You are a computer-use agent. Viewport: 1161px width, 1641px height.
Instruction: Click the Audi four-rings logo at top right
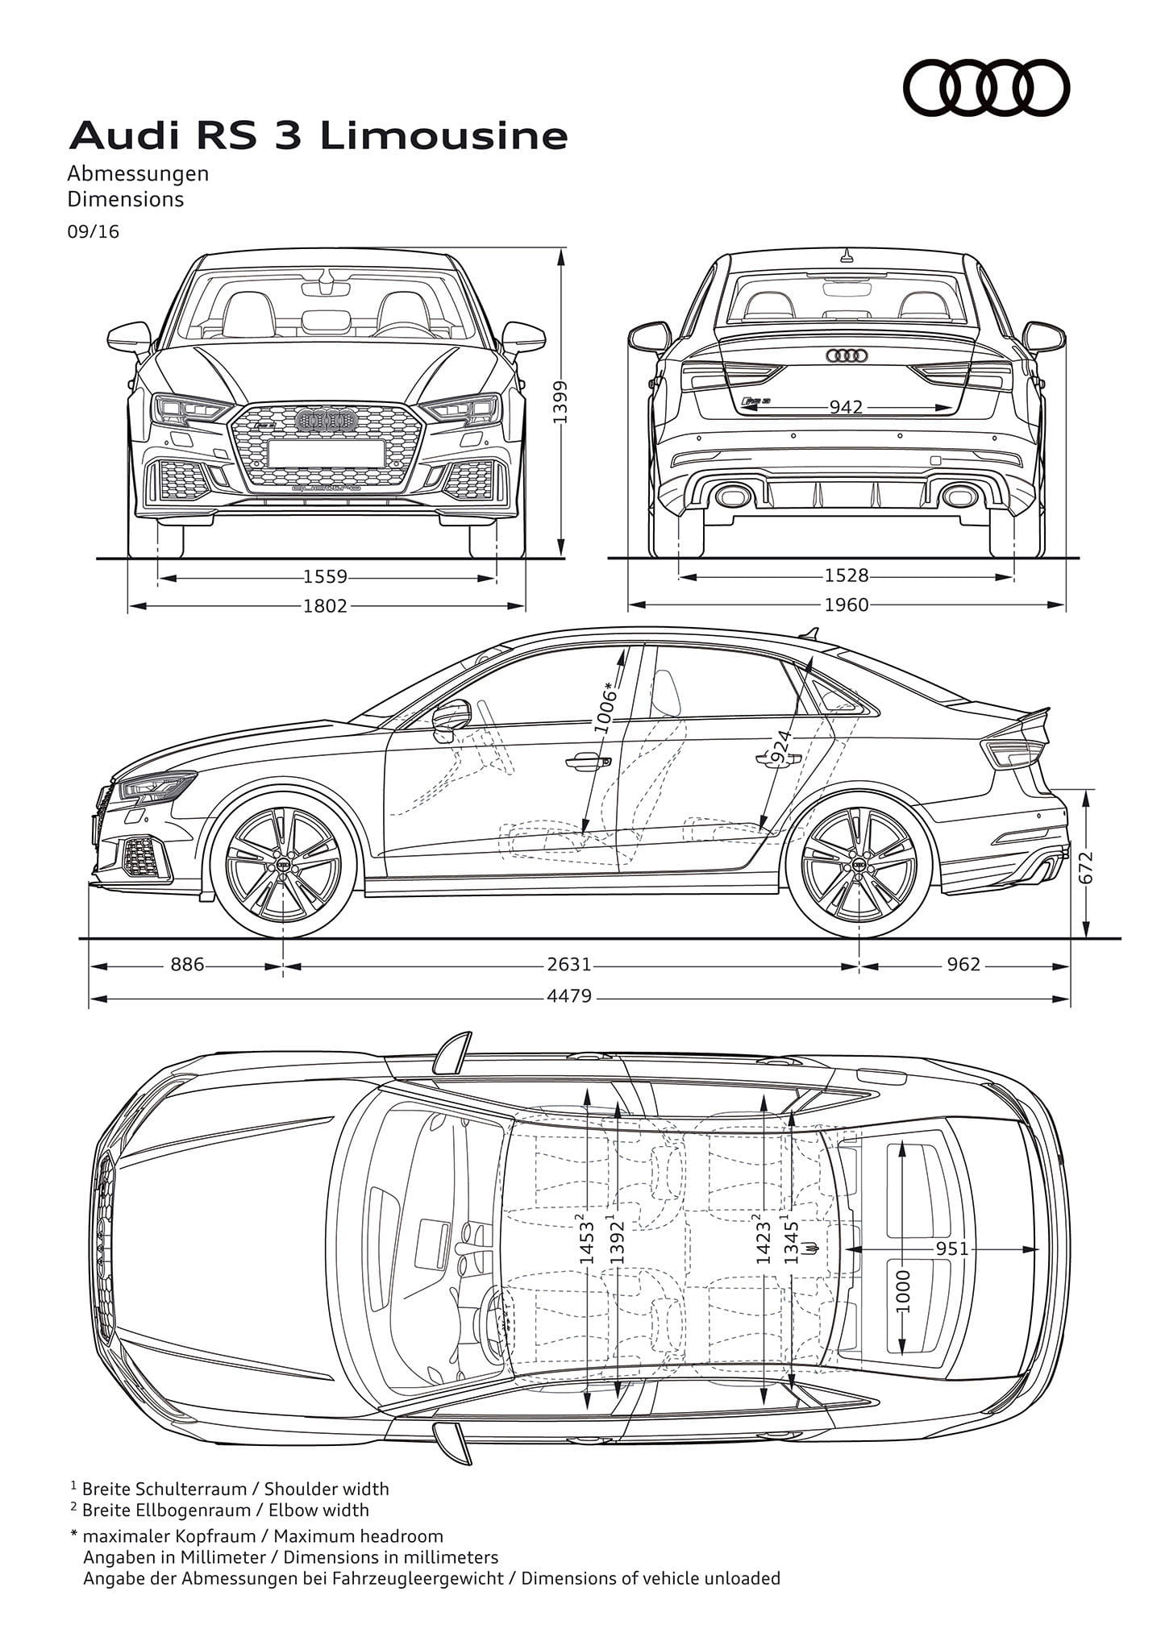tap(985, 86)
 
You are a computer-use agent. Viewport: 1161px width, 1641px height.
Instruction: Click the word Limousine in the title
tap(444, 136)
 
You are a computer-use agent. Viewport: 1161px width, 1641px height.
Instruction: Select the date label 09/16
tap(93, 231)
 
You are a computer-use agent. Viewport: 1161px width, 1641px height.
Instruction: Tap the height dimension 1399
tap(562, 402)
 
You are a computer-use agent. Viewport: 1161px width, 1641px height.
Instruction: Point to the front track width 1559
tap(326, 577)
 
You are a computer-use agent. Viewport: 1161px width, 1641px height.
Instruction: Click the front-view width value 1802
tap(325, 605)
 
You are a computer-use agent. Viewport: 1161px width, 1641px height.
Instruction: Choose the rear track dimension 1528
tap(847, 575)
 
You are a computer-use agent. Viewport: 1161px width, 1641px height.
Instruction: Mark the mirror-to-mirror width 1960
tap(847, 604)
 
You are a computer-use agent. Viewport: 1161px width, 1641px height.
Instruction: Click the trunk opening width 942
tap(846, 407)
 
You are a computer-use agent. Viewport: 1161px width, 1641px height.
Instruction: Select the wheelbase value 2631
tap(569, 965)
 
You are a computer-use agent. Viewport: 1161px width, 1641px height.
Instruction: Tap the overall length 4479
tap(569, 996)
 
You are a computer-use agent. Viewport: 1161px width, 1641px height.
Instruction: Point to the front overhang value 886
tap(187, 965)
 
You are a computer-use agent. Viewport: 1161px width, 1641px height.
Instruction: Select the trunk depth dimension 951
tap(951, 1248)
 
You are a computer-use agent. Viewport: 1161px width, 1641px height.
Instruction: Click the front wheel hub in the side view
tap(283, 864)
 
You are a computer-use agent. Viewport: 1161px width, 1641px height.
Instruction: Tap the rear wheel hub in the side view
tap(859, 864)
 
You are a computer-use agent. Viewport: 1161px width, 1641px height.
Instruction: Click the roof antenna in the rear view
tap(846, 257)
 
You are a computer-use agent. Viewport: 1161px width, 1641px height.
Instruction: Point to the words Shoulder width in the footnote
tap(327, 1489)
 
